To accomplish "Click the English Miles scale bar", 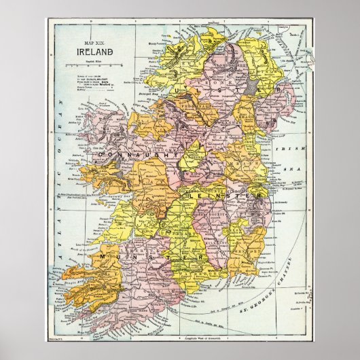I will point(89,66).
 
